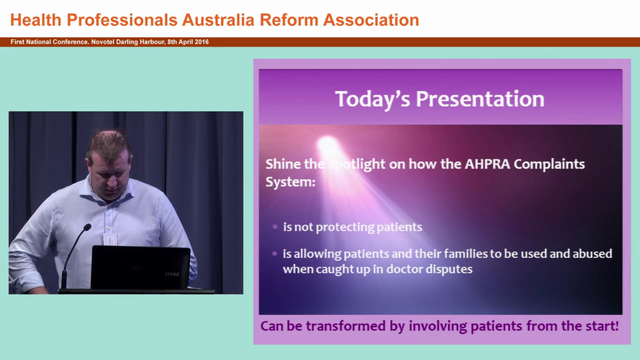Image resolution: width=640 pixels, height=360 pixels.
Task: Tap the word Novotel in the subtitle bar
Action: [102, 42]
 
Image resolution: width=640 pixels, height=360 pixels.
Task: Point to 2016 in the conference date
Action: [201, 42]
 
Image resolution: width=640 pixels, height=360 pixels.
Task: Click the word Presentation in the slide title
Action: [480, 99]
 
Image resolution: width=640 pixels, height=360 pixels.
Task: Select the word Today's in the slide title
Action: [372, 99]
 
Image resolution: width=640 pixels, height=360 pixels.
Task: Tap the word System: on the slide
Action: [290, 181]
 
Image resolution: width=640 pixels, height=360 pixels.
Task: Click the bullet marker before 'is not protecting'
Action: [274, 227]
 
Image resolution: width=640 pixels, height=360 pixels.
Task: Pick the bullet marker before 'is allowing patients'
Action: [274, 254]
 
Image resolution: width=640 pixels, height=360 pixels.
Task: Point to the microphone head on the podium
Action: [87, 227]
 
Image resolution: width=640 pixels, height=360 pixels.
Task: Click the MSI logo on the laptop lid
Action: [171, 274]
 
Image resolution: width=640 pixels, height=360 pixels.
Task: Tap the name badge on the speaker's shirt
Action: [110, 238]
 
